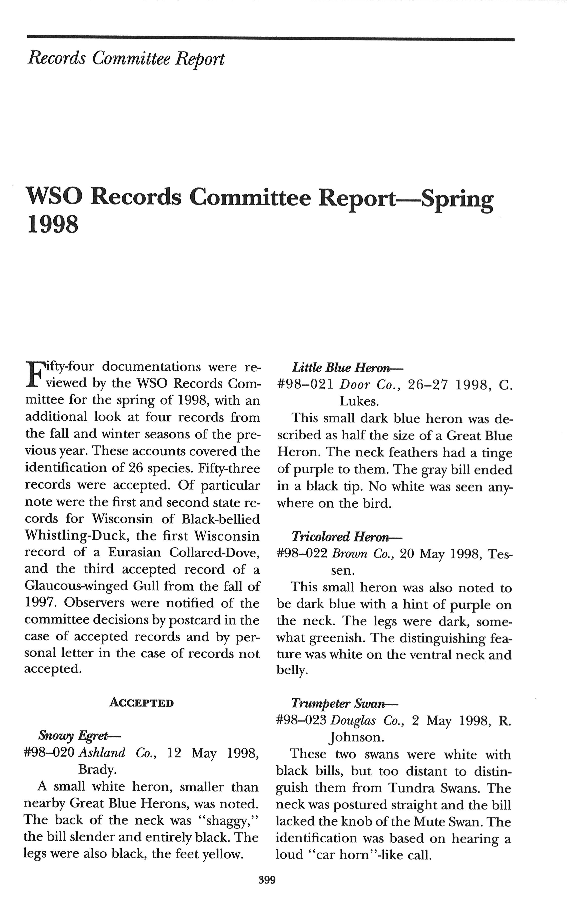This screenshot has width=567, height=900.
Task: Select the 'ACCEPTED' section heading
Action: coord(141,703)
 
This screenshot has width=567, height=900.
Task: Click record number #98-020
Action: coord(49,752)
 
